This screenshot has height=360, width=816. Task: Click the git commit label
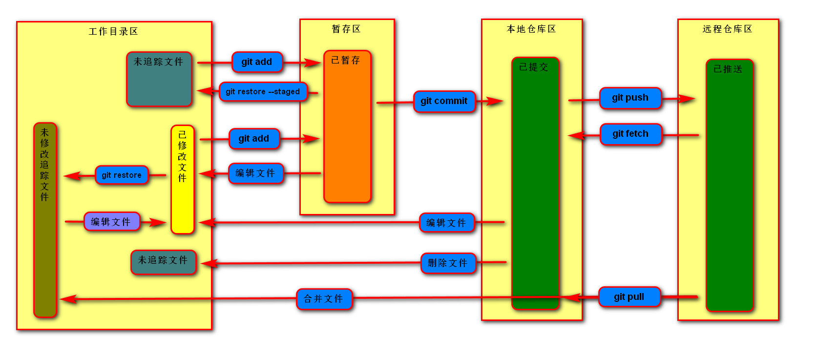coord(444,101)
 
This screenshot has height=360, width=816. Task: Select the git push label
coord(630,98)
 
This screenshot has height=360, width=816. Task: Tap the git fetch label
coord(630,134)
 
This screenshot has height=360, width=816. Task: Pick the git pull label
coord(629,297)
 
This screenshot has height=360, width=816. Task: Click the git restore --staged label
coord(263,92)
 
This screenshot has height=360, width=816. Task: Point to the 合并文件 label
coord(324,299)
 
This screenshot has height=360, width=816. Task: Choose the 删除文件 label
coord(448,263)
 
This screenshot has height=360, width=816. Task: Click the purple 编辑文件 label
coord(111,222)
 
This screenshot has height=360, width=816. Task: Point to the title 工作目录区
coord(113,32)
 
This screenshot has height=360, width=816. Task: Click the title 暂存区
coord(346,29)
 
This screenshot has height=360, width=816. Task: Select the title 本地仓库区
coord(531,29)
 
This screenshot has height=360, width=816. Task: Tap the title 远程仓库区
coord(728,29)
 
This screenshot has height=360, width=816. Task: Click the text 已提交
coord(533,67)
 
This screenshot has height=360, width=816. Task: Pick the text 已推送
coord(728,69)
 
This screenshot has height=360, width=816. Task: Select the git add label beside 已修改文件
coord(254,139)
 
